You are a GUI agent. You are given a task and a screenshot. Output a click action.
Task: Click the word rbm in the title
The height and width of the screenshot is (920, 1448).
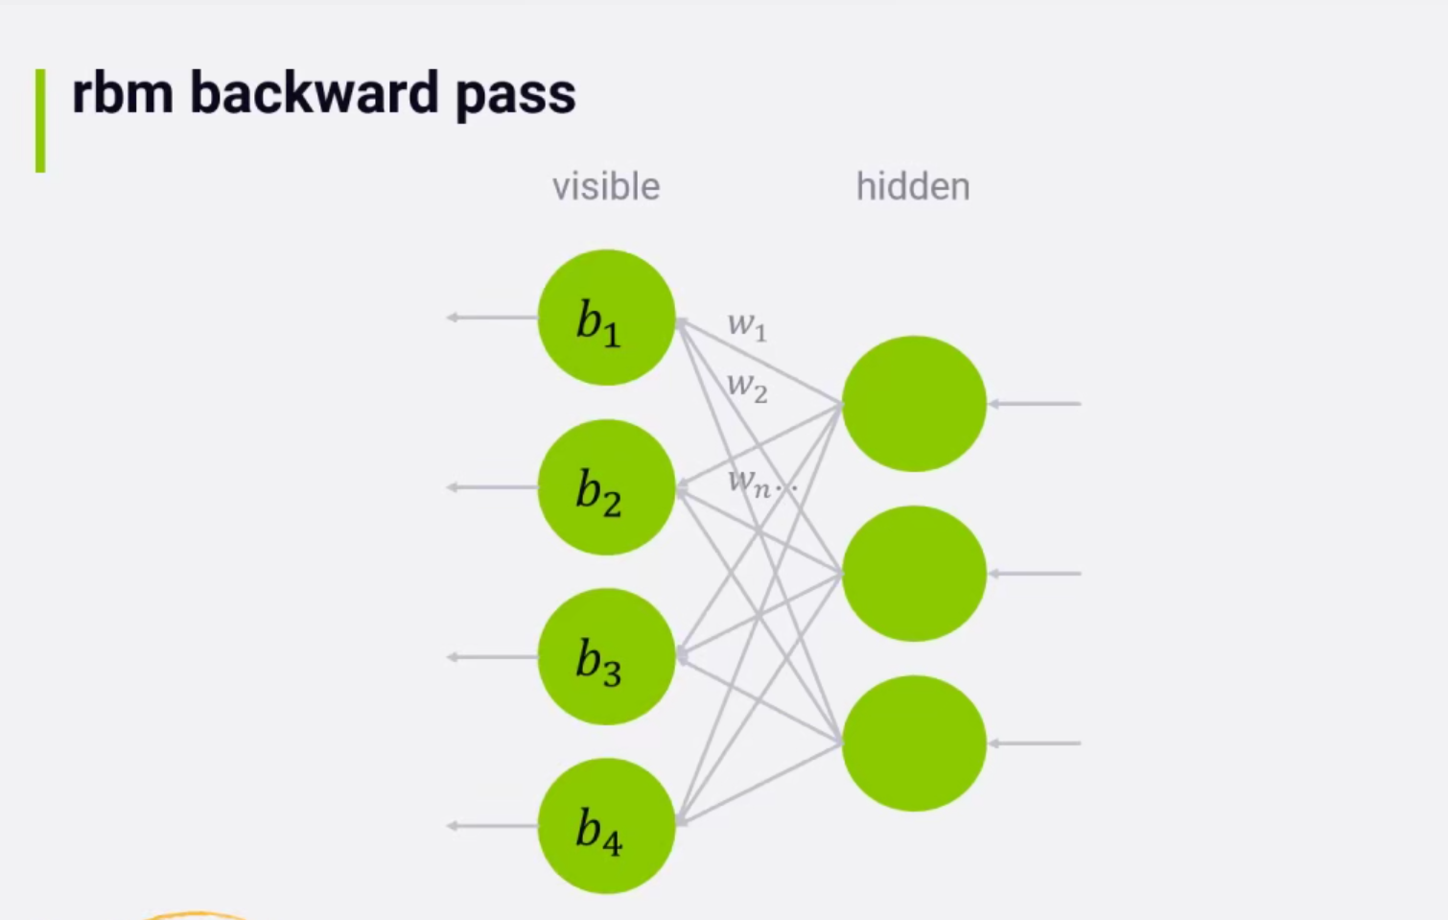tap(122, 94)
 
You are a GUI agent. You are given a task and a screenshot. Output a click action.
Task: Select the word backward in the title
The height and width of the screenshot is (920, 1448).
tap(314, 94)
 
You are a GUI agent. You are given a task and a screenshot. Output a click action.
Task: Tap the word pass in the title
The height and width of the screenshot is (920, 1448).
tap(515, 97)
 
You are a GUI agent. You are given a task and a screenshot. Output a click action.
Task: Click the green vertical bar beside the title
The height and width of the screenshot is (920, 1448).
tap(40, 120)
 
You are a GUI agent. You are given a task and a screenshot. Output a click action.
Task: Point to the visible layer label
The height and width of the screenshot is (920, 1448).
tap(605, 187)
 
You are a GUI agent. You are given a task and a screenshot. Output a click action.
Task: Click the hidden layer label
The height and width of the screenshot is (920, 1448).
tap(912, 187)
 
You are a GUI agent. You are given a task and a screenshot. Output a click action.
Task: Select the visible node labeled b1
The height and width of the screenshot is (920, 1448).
tap(606, 318)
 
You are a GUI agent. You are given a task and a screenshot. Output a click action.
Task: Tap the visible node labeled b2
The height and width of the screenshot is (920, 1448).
tap(606, 487)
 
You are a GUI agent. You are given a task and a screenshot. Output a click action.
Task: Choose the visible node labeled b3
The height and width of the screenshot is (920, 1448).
tap(606, 657)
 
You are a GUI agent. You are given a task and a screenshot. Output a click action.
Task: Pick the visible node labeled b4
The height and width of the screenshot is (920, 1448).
tap(606, 826)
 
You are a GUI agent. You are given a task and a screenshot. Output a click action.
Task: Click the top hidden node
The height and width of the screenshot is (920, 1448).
tap(914, 404)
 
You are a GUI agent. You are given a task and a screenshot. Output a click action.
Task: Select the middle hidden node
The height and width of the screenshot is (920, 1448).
tap(914, 574)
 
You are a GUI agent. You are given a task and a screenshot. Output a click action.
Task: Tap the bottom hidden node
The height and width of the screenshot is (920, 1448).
tap(914, 743)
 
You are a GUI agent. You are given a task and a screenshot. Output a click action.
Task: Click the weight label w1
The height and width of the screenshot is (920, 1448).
tap(747, 327)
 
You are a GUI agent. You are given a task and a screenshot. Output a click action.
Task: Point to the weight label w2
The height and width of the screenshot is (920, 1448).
tap(747, 388)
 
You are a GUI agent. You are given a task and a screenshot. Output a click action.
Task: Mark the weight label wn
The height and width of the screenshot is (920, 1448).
tap(751, 483)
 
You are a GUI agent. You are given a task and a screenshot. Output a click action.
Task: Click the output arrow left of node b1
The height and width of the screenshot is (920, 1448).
tap(492, 318)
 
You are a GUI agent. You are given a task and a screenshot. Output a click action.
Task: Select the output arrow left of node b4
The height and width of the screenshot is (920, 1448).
tap(492, 826)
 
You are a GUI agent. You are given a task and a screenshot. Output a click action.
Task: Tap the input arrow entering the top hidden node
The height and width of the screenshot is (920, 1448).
tap(1035, 404)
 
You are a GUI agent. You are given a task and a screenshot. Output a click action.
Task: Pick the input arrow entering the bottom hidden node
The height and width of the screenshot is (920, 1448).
tap(1035, 743)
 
